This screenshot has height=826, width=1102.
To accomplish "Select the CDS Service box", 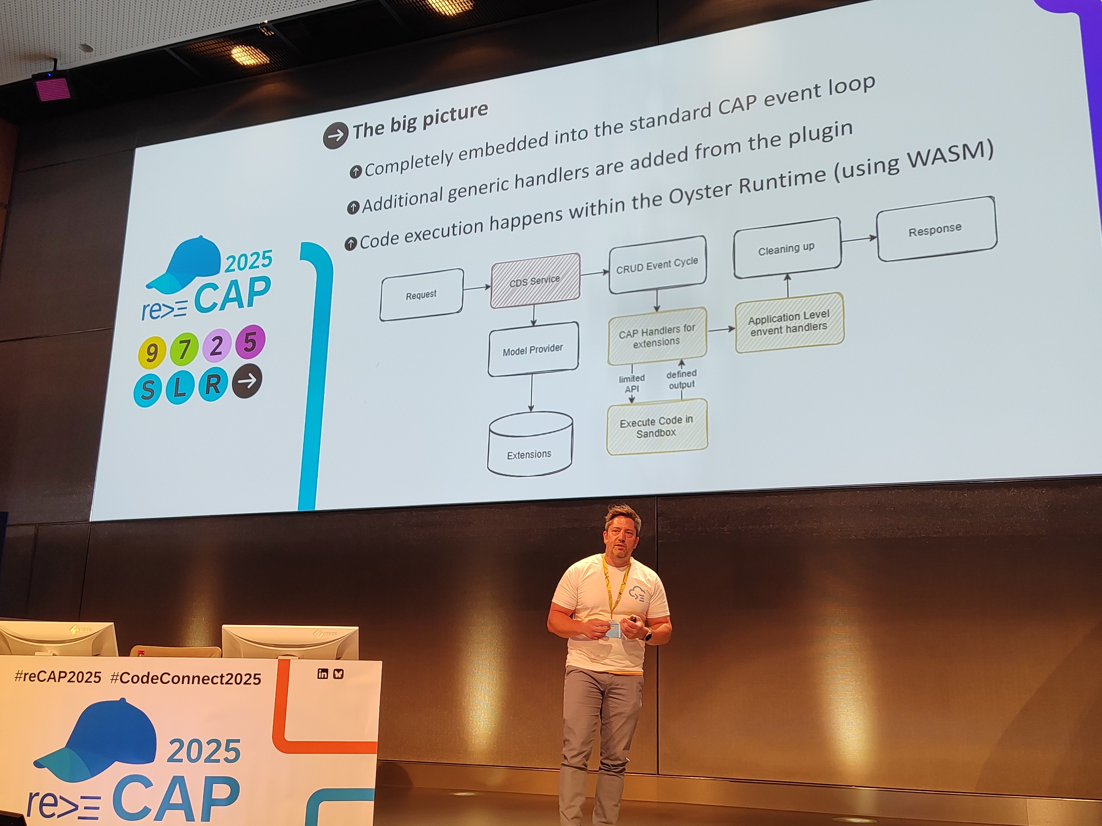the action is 535,280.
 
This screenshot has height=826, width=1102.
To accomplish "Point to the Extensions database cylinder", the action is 530,443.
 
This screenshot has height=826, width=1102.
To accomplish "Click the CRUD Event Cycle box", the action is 657,264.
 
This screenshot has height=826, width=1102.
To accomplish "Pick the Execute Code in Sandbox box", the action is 657,427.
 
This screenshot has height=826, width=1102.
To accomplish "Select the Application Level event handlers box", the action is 789,322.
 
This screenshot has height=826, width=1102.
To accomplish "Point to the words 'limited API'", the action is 632,384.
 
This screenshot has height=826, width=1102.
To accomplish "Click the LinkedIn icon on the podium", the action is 322,674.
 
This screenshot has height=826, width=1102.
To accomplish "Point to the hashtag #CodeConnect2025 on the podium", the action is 185,678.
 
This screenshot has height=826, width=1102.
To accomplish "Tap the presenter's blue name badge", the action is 613,630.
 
